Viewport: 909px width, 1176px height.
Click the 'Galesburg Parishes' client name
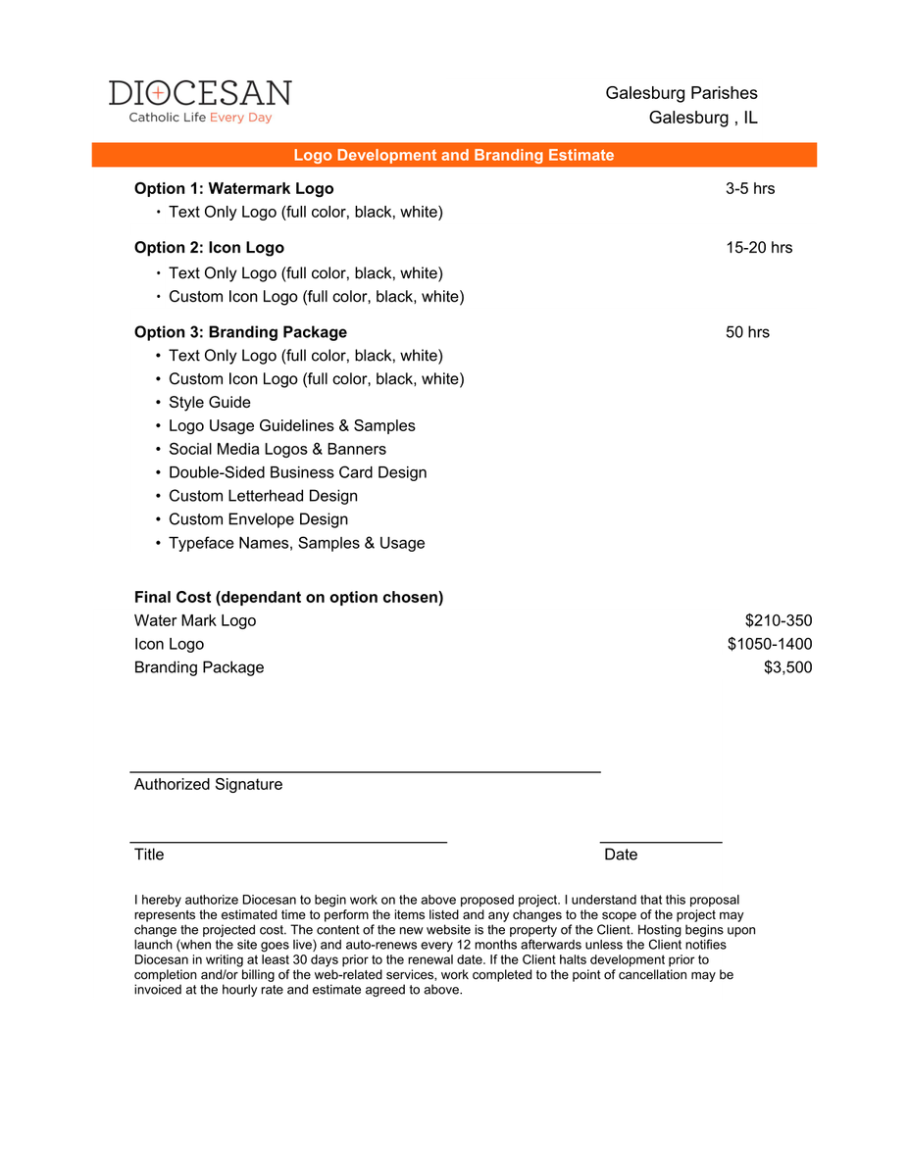click(x=682, y=93)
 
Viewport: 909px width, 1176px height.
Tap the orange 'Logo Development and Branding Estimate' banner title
click(x=454, y=155)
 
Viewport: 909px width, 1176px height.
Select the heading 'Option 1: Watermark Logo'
click(x=233, y=188)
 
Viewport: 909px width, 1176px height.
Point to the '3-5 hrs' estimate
click(x=750, y=188)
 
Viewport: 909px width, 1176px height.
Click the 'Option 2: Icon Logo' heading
click(x=209, y=248)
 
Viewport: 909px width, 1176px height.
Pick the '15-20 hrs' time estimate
click(x=759, y=248)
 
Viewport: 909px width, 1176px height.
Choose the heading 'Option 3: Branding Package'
click(x=240, y=332)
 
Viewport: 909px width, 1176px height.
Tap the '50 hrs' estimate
click(x=747, y=332)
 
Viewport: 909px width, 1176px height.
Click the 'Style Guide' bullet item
click(x=209, y=403)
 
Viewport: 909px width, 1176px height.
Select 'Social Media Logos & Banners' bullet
click(x=277, y=450)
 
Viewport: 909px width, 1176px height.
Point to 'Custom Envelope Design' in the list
click(x=258, y=519)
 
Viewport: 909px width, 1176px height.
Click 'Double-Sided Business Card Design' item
click(x=297, y=473)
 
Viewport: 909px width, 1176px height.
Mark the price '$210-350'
click(x=779, y=620)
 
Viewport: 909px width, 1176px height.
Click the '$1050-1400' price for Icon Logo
click(x=770, y=644)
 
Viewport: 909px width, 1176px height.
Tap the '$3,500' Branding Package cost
click(x=787, y=667)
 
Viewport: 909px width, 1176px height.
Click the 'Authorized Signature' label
click(x=208, y=784)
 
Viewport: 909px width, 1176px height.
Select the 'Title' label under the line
click(x=149, y=855)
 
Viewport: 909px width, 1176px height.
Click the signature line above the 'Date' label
click(x=661, y=842)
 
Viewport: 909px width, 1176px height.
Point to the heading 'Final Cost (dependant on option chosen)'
click(x=288, y=597)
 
